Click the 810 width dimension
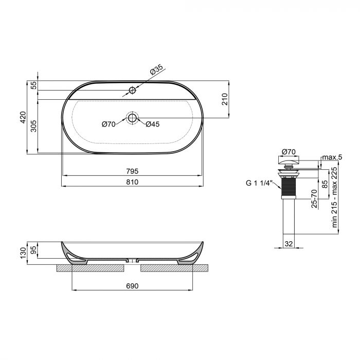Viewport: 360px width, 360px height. [133, 182]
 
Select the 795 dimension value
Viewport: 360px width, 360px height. [133, 171]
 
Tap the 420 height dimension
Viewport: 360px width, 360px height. [23, 118]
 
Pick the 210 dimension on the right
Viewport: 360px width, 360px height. [224, 99]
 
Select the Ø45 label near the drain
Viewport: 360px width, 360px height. [153, 124]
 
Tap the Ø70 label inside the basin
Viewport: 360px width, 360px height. [109, 124]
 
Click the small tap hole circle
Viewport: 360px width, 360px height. [132, 91]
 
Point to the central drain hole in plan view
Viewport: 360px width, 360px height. [132, 118]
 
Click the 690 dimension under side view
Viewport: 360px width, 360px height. [133, 286]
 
